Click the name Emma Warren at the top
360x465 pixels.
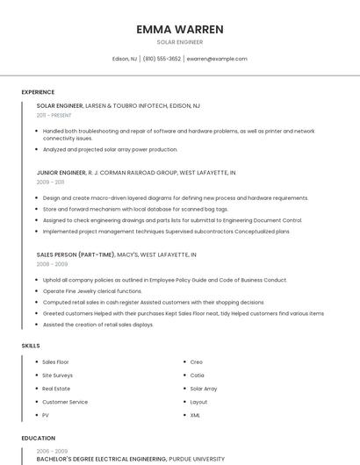pyautogui.click(x=179, y=29)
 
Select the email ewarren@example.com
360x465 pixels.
pyautogui.click(x=217, y=59)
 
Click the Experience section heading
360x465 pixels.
pyautogui.click(x=38, y=92)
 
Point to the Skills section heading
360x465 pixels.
pyautogui.click(x=31, y=346)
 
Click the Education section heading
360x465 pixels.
pyautogui.click(x=38, y=438)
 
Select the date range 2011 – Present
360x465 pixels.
pyautogui.click(x=54, y=115)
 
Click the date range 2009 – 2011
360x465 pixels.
pyautogui.click(x=50, y=182)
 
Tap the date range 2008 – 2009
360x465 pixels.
pyautogui.click(x=52, y=263)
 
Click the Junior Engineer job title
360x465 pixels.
pyautogui.click(x=61, y=173)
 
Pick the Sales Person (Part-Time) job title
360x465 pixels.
pyautogui.click(x=76, y=254)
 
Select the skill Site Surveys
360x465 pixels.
pyautogui.click(x=58, y=375)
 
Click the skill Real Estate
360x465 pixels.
pyautogui.click(x=56, y=388)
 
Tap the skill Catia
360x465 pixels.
pyautogui.click(x=197, y=375)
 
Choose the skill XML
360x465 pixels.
pyautogui.click(x=195, y=415)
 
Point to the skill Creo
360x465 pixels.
pyautogui.click(x=196, y=361)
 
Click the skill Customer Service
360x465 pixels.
pyautogui.click(x=65, y=402)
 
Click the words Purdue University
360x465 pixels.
pyautogui.click(x=197, y=459)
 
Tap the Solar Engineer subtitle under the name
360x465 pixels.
pyautogui.click(x=179, y=42)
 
